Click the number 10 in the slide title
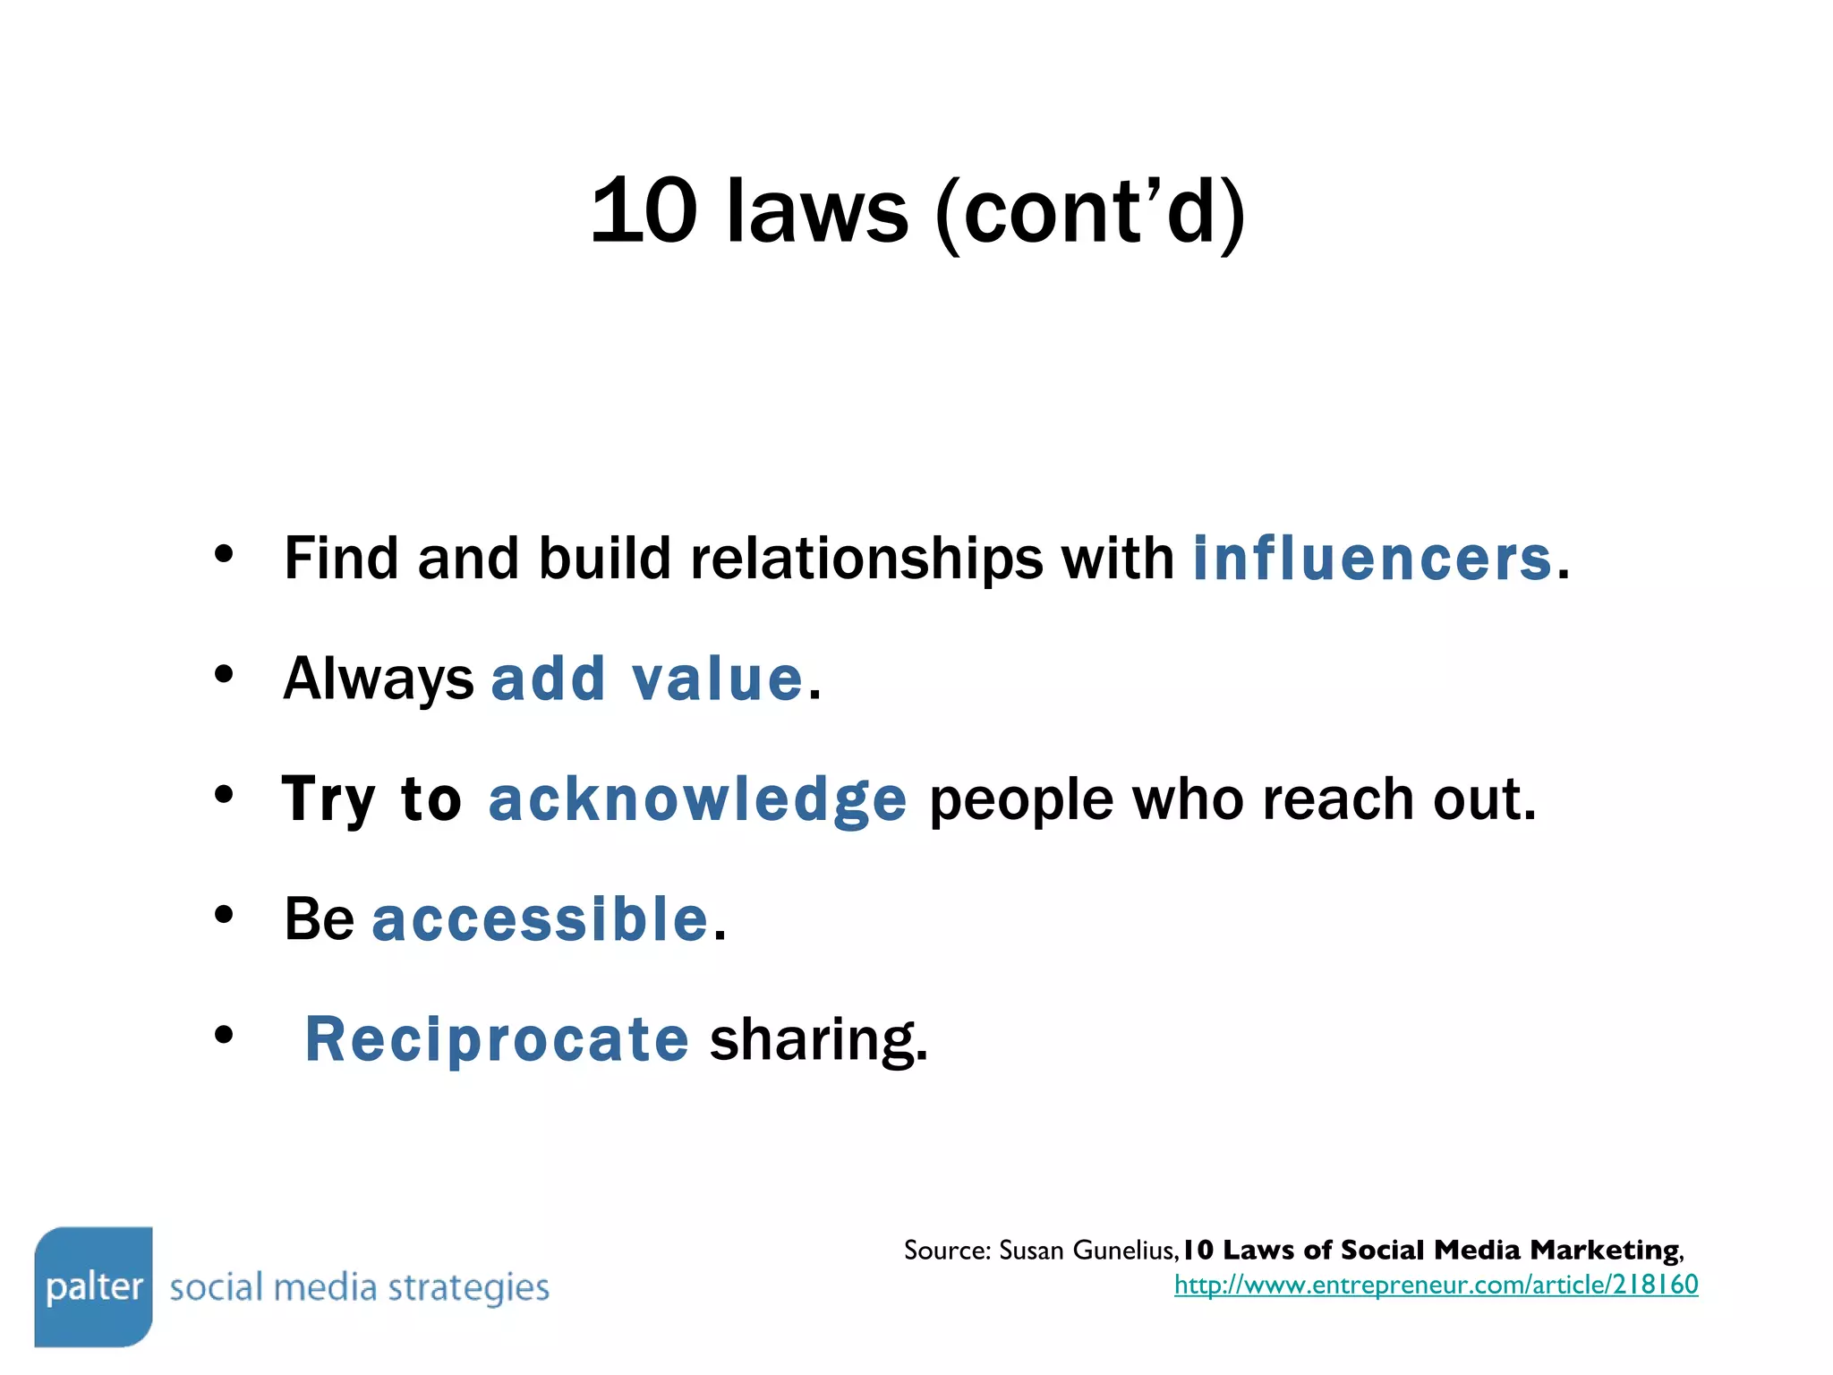coord(644,211)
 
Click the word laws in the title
coord(816,211)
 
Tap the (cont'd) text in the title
coord(1089,213)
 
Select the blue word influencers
coord(1372,559)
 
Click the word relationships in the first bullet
coord(865,559)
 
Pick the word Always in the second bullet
coord(378,679)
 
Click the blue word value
coord(717,679)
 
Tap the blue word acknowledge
coord(697,799)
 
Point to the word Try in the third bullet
coord(328,799)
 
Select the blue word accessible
coord(540,919)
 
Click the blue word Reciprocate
coord(497,1039)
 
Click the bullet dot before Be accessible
coord(224,915)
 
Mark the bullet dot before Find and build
coord(224,554)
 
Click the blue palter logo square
coord(93,1286)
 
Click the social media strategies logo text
coord(359,1288)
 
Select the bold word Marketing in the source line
coord(1604,1250)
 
